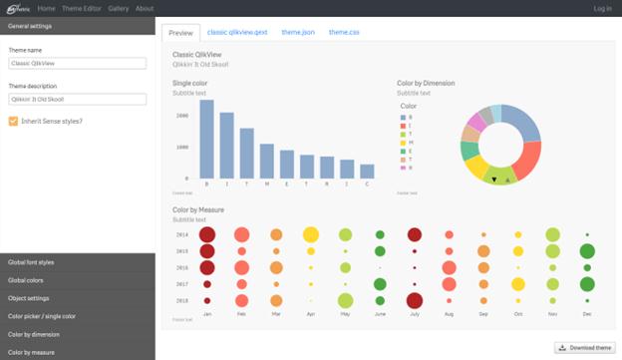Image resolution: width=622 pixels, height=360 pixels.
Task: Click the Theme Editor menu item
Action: point(81,8)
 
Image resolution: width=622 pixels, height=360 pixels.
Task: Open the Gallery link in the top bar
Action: point(118,8)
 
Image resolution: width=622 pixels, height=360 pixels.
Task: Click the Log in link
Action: point(602,8)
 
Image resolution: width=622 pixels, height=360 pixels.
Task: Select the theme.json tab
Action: point(298,33)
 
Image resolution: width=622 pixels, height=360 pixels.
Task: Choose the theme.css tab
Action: point(344,33)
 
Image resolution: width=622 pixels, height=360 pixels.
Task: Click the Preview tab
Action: point(180,33)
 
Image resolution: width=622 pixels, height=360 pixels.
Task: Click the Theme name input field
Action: point(77,63)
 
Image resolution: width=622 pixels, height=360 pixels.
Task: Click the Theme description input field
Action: point(77,100)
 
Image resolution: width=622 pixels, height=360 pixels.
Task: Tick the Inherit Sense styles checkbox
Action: point(13,122)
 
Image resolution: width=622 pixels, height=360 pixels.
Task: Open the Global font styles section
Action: point(77,261)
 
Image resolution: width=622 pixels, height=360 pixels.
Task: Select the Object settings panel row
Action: point(77,298)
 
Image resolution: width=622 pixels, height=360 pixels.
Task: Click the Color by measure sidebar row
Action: point(77,351)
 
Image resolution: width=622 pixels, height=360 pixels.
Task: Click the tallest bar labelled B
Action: point(206,140)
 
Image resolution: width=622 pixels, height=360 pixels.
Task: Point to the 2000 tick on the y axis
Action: point(181,116)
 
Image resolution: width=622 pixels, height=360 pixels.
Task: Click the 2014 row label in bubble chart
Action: point(181,234)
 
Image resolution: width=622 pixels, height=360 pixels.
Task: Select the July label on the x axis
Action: point(415,314)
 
